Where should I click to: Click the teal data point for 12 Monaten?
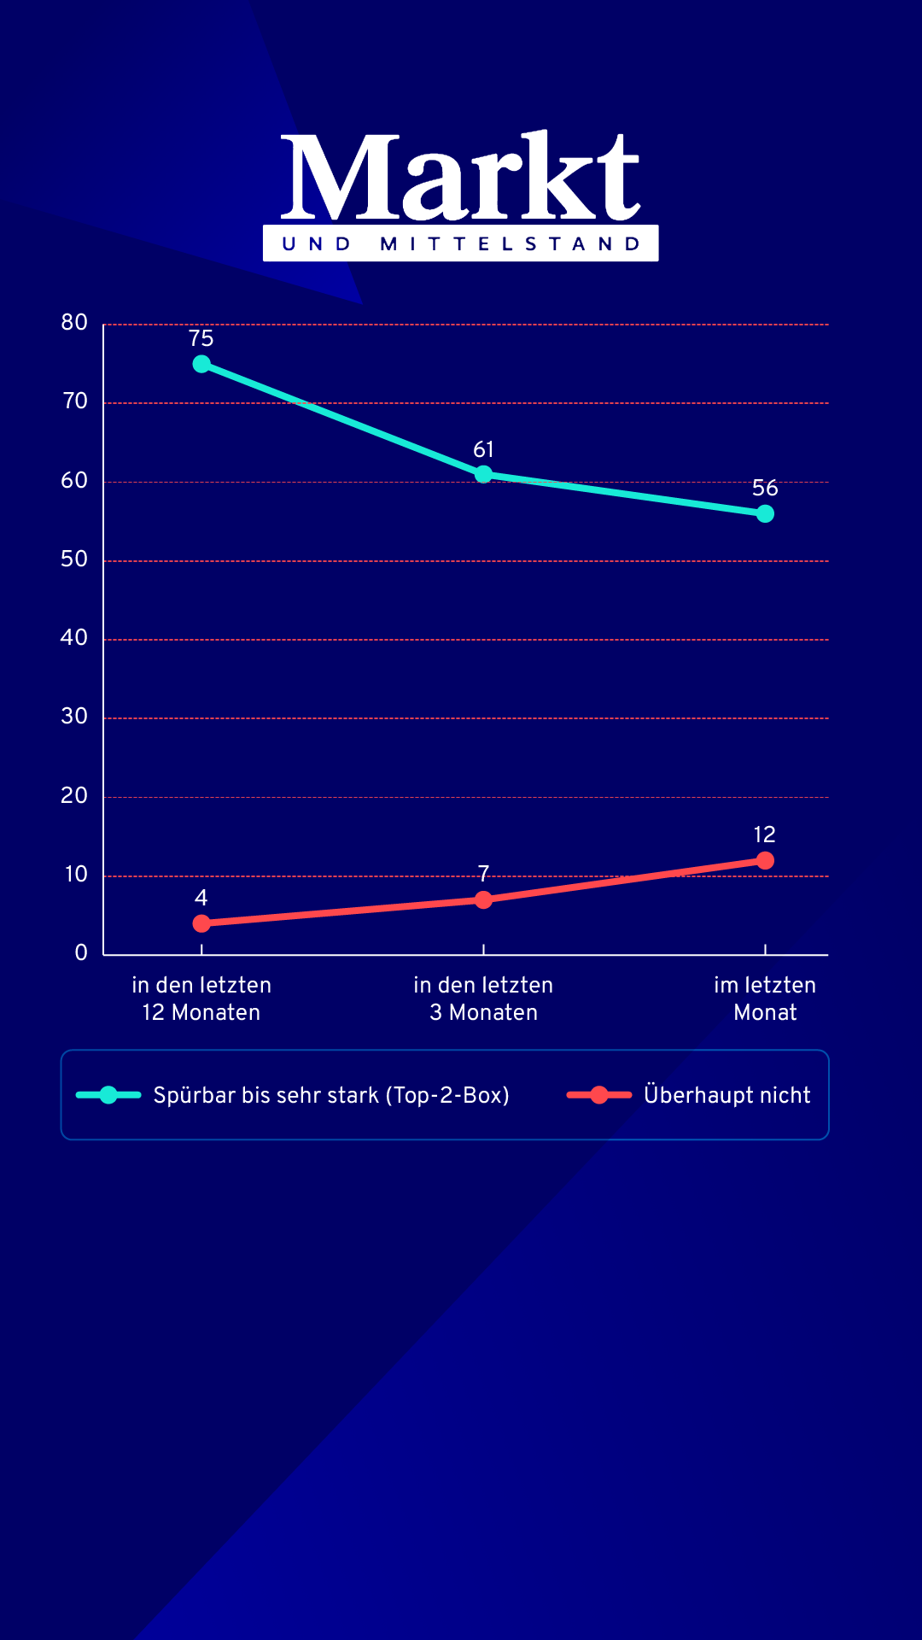click(x=201, y=364)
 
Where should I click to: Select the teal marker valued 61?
click(x=483, y=474)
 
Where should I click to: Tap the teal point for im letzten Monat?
click(x=765, y=513)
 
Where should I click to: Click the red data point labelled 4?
click(x=201, y=923)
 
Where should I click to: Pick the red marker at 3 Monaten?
click(x=483, y=899)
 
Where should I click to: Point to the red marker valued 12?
click(x=765, y=860)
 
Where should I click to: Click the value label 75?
click(x=201, y=338)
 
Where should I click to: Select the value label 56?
click(x=765, y=488)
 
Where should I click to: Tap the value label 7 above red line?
click(x=483, y=873)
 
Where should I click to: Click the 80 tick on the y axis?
click(x=74, y=323)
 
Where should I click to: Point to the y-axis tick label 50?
click(x=74, y=559)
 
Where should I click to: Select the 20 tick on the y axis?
click(x=74, y=796)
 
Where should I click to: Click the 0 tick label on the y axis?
click(x=81, y=953)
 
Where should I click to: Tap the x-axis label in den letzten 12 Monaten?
click(x=201, y=999)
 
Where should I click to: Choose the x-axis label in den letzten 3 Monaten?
click(x=483, y=999)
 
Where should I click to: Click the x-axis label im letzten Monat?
click(x=765, y=999)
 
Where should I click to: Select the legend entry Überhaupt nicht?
click(x=727, y=1095)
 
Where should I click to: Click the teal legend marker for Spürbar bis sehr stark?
click(x=108, y=1095)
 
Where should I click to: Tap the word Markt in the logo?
click(x=461, y=178)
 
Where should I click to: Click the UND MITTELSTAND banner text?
click(x=461, y=244)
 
